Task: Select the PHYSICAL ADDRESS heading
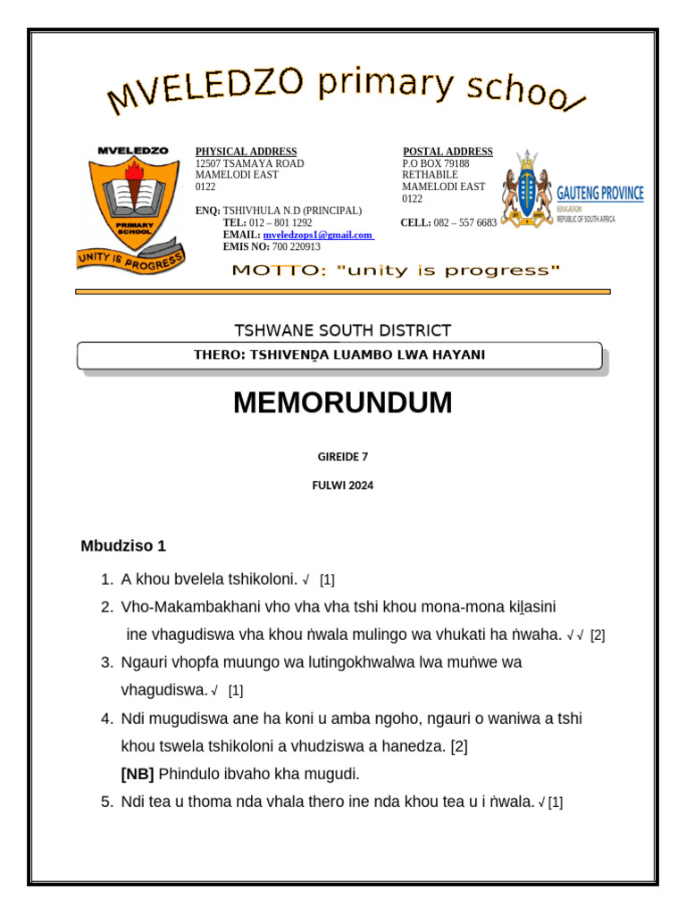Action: click(246, 152)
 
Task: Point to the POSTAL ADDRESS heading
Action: click(448, 152)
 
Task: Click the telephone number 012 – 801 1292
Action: click(280, 222)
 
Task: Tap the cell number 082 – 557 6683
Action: click(464, 222)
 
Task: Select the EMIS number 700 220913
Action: click(296, 246)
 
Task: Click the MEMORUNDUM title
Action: click(342, 403)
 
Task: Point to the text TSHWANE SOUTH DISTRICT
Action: click(342, 330)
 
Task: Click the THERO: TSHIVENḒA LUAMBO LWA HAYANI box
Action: click(339, 355)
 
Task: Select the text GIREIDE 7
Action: click(342, 456)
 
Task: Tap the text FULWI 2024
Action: click(342, 486)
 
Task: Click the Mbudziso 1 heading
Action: click(123, 545)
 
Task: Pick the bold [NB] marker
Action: click(138, 774)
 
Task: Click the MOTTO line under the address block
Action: click(396, 270)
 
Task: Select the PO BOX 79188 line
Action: click(435, 163)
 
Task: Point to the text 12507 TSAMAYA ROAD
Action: click(249, 163)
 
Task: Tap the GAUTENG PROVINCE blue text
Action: click(599, 194)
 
